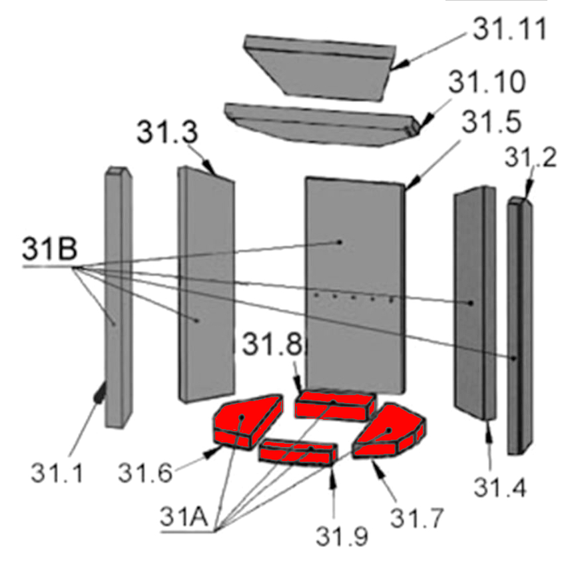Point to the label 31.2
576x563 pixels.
(530, 158)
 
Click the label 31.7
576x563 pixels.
(416, 516)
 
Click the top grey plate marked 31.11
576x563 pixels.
(320, 67)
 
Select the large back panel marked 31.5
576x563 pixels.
(354, 280)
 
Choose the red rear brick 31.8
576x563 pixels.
(334, 404)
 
